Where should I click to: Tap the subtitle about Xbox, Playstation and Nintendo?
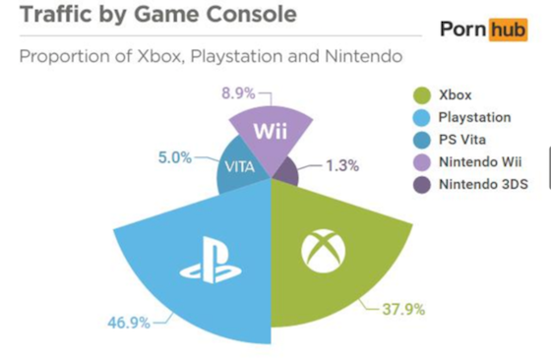211,58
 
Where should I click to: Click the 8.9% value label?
237,93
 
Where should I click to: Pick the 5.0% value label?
174,156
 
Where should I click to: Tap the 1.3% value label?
341,165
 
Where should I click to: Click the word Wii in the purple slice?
271,132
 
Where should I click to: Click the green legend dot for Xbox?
419,95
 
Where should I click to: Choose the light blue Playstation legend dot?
419,118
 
